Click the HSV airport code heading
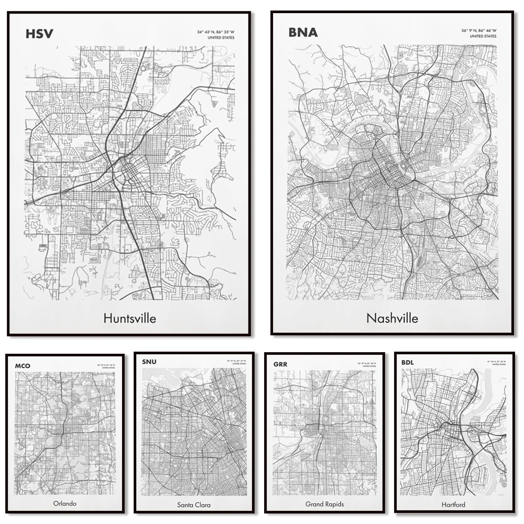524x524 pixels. click(x=39, y=35)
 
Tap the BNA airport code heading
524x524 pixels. click(x=303, y=32)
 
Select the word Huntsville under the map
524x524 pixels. click(x=129, y=318)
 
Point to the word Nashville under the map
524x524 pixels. click(x=392, y=318)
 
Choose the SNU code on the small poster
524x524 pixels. click(x=149, y=362)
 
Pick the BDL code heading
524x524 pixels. click(x=408, y=362)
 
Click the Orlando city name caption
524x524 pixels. click(x=65, y=504)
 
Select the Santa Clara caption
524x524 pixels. click(x=194, y=505)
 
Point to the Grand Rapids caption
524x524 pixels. click(x=324, y=504)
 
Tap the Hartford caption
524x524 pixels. click(x=454, y=505)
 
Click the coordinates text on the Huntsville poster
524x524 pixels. click(x=216, y=32)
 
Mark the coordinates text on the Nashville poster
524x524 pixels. click(x=479, y=31)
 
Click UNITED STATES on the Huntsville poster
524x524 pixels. click(x=222, y=38)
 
